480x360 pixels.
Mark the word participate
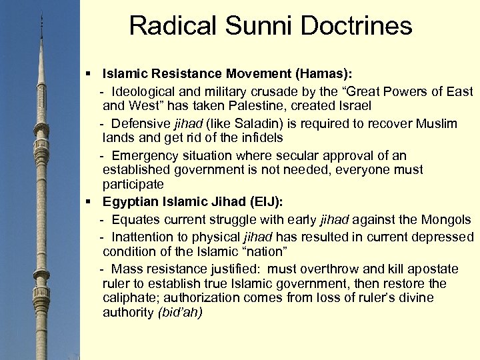pos(133,184)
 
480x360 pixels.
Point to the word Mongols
pos(448,219)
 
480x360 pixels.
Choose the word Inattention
pos(145,237)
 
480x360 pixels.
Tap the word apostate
pos(433,269)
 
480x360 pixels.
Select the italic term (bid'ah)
pos(180,313)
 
